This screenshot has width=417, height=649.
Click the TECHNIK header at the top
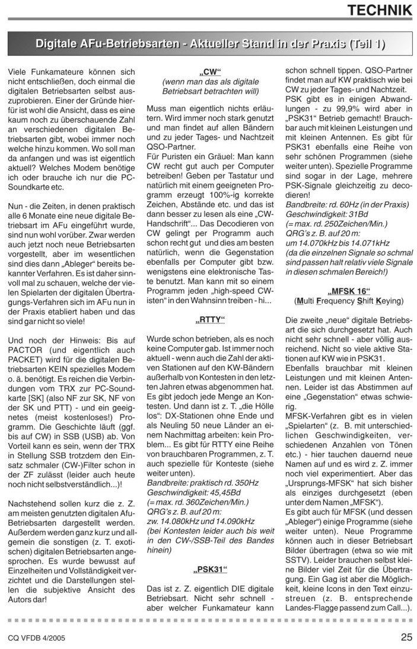[379, 10]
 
